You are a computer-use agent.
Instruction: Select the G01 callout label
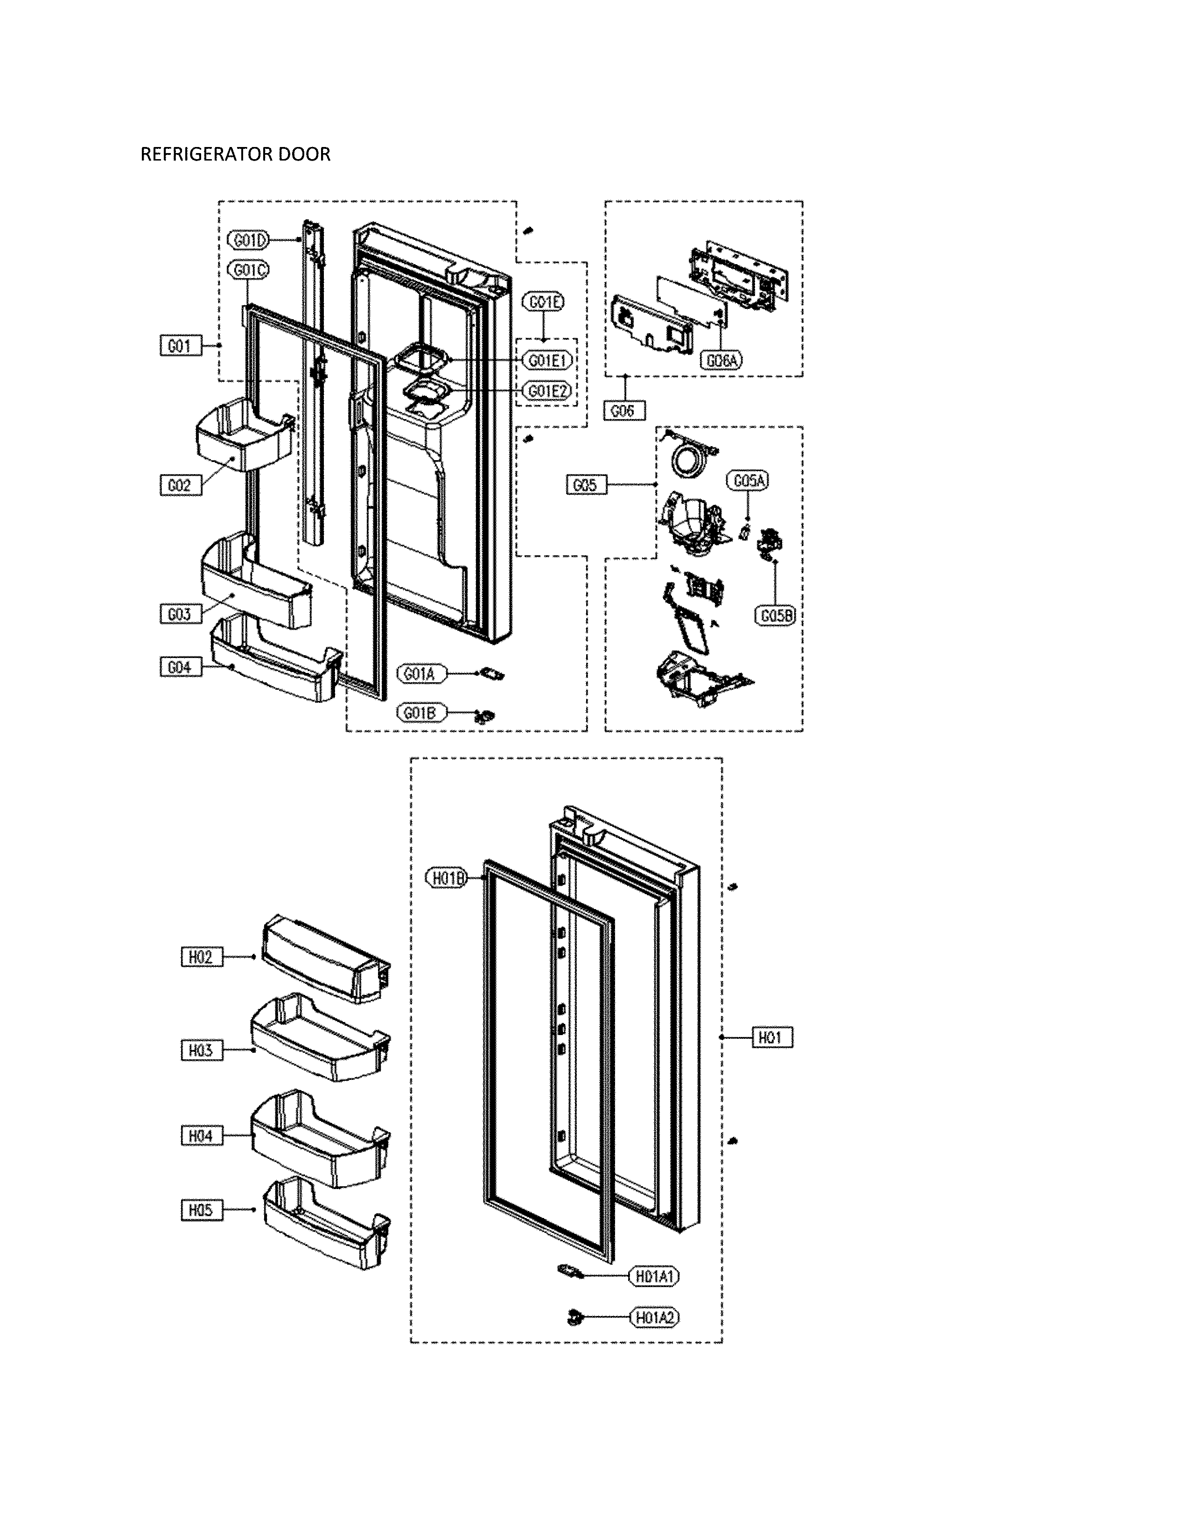pyautogui.click(x=180, y=346)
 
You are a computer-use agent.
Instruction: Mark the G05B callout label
pyautogui.click(x=777, y=616)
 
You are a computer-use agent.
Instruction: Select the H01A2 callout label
pyautogui.click(x=655, y=1316)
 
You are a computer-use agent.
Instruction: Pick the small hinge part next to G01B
pyautogui.click(x=483, y=716)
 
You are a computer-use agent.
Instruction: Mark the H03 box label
pyautogui.click(x=201, y=1050)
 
